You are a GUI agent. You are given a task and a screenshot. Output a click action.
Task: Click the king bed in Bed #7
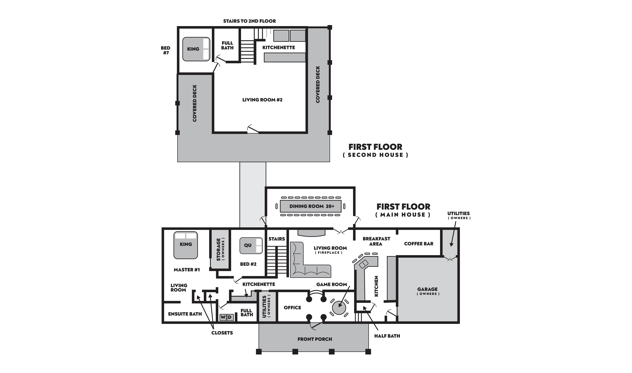pos(196,49)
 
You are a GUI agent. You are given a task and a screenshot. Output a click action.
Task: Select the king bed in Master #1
pos(186,245)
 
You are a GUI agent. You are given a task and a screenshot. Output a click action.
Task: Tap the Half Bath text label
pos(387,336)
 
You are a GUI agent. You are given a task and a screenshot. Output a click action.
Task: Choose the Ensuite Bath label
pos(185,314)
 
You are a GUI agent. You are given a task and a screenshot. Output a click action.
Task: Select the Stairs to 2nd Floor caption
pos(249,21)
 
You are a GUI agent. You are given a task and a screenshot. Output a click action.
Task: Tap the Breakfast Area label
pos(376,241)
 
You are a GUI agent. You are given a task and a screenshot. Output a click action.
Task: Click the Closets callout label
pos(222,333)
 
